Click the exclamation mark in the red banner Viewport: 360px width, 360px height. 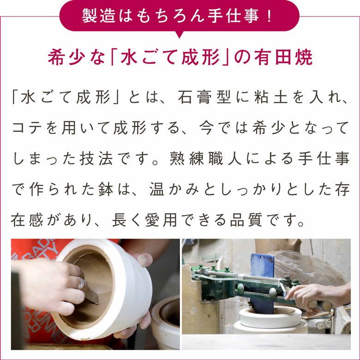click(x=268, y=16)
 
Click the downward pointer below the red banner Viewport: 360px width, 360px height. click(x=180, y=34)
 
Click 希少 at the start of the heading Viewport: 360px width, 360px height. click(x=63, y=58)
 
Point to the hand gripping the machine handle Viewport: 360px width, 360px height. click(x=314, y=295)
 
